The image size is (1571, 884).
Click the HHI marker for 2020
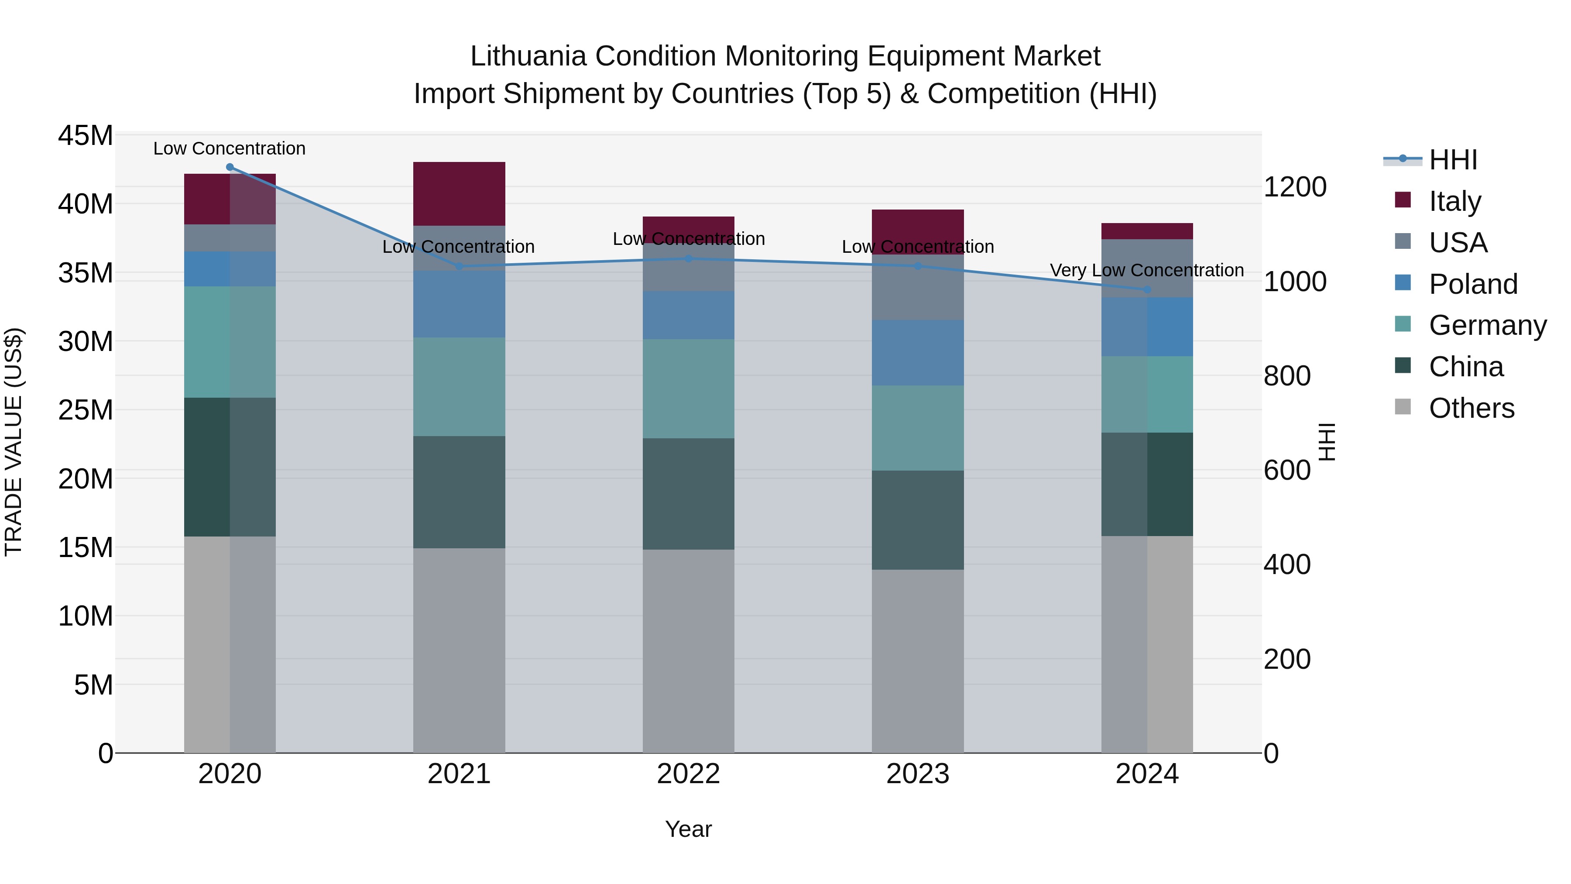[x=230, y=167]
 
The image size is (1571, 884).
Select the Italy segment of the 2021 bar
[x=459, y=194]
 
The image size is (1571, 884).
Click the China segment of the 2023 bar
[x=918, y=520]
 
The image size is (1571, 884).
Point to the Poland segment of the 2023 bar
[x=918, y=353]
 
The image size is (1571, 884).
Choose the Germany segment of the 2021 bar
[x=459, y=387]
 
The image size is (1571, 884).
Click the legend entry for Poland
[x=1472, y=284]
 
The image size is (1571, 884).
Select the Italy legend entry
[x=1454, y=201]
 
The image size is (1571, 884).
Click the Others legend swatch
[x=1403, y=407]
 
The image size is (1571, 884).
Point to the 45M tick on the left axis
[x=86, y=135]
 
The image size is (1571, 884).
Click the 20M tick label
[x=86, y=479]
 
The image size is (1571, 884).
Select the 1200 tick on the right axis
[x=1295, y=187]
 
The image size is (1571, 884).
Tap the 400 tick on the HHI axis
[x=1287, y=564]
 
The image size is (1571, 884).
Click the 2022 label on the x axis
[x=689, y=774]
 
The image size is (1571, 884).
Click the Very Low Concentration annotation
[x=1146, y=270]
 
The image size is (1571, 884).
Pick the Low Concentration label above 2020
[x=229, y=148]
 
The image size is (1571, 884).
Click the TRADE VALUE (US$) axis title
[x=14, y=442]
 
